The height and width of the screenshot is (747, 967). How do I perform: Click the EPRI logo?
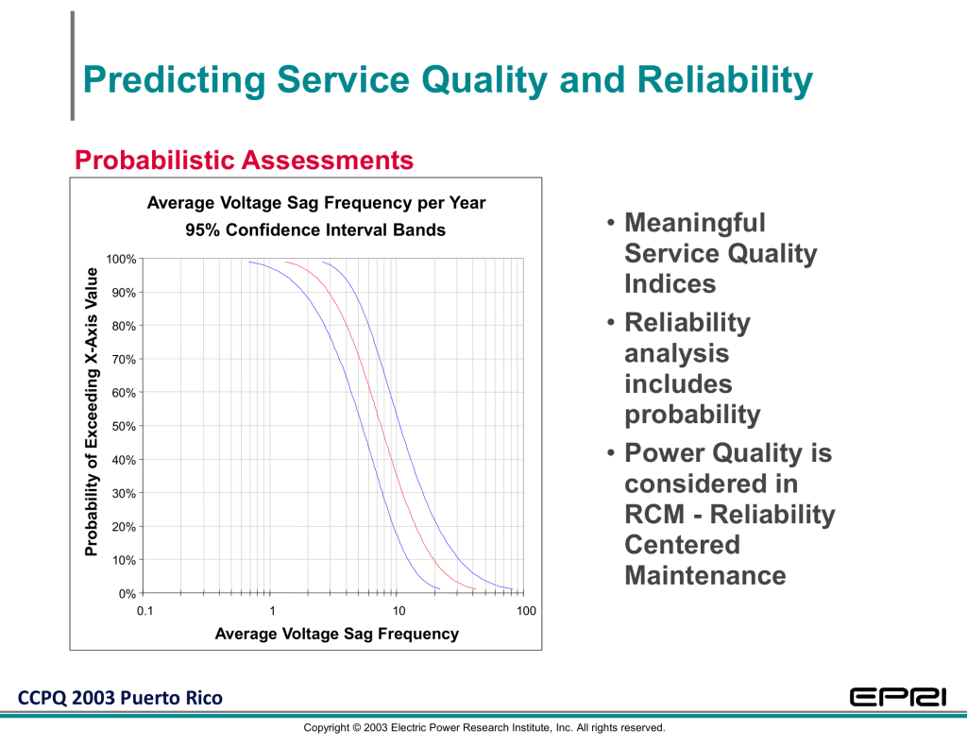pyautogui.click(x=898, y=697)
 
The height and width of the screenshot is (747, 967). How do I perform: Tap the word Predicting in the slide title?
pyautogui.click(x=174, y=81)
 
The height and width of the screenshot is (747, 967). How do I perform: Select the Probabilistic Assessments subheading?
pyautogui.click(x=245, y=160)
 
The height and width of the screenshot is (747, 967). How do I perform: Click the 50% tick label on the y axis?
pyautogui.click(x=124, y=426)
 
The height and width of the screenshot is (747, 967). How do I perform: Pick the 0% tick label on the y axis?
pyautogui.click(x=127, y=593)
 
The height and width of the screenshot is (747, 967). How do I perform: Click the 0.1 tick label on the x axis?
pyautogui.click(x=144, y=611)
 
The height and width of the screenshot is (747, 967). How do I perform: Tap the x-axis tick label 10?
pyautogui.click(x=399, y=611)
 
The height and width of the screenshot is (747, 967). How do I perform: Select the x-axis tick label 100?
pyautogui.click(x=526, y=611)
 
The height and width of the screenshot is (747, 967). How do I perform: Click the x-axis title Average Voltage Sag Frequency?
pyautogui.click(x=337, y=634)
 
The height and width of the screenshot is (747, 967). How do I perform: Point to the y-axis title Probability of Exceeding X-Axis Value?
pyautogui.click(x=92, y=412)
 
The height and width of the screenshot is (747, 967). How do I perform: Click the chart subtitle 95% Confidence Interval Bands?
pyautogui.click(x=315, y=230)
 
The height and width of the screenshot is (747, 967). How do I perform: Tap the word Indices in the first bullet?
pyautogui.click(x=670, y=283)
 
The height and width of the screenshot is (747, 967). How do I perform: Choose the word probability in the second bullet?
pyautogui.click(x=692, y=416)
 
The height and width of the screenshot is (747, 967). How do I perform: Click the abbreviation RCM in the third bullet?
pyautogui.click(x=654, y=514)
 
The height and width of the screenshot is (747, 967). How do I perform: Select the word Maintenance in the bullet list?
pyautogui.click(x=704, y=575)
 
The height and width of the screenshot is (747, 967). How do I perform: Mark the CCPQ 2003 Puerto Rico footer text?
pyautogui.click(x=120, y=698)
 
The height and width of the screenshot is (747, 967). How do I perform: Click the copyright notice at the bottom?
pyautogui.click(x=484, y=728)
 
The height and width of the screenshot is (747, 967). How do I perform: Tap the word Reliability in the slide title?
pyautogui.click(x=724, y=81)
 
